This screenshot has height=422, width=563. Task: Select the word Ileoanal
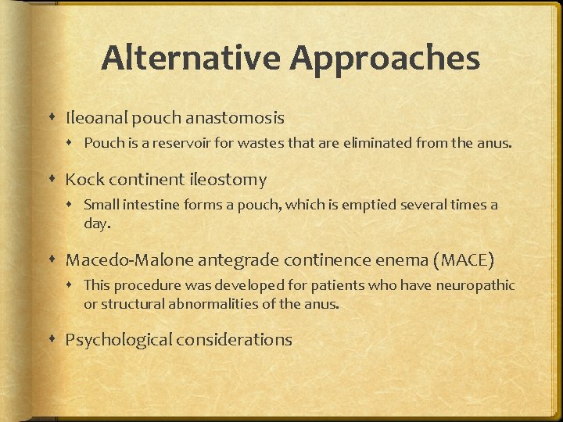(95, 118)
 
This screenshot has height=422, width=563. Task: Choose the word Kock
(83, 180)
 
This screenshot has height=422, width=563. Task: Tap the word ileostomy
(228, 180)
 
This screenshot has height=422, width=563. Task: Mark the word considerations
(234, 340)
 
